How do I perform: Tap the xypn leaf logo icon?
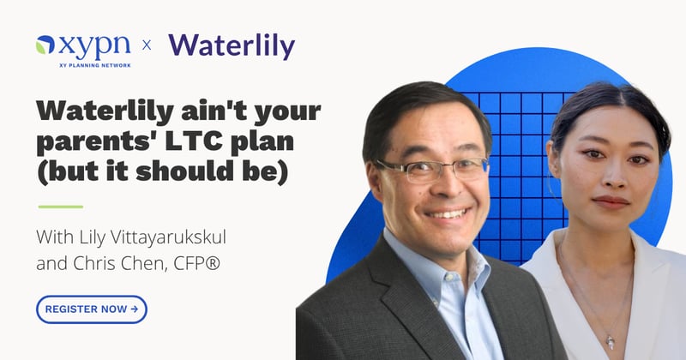point(45,44)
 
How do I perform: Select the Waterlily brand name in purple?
point(232,45)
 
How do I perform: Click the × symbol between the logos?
point(146,45)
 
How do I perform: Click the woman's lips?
point(611,201)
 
